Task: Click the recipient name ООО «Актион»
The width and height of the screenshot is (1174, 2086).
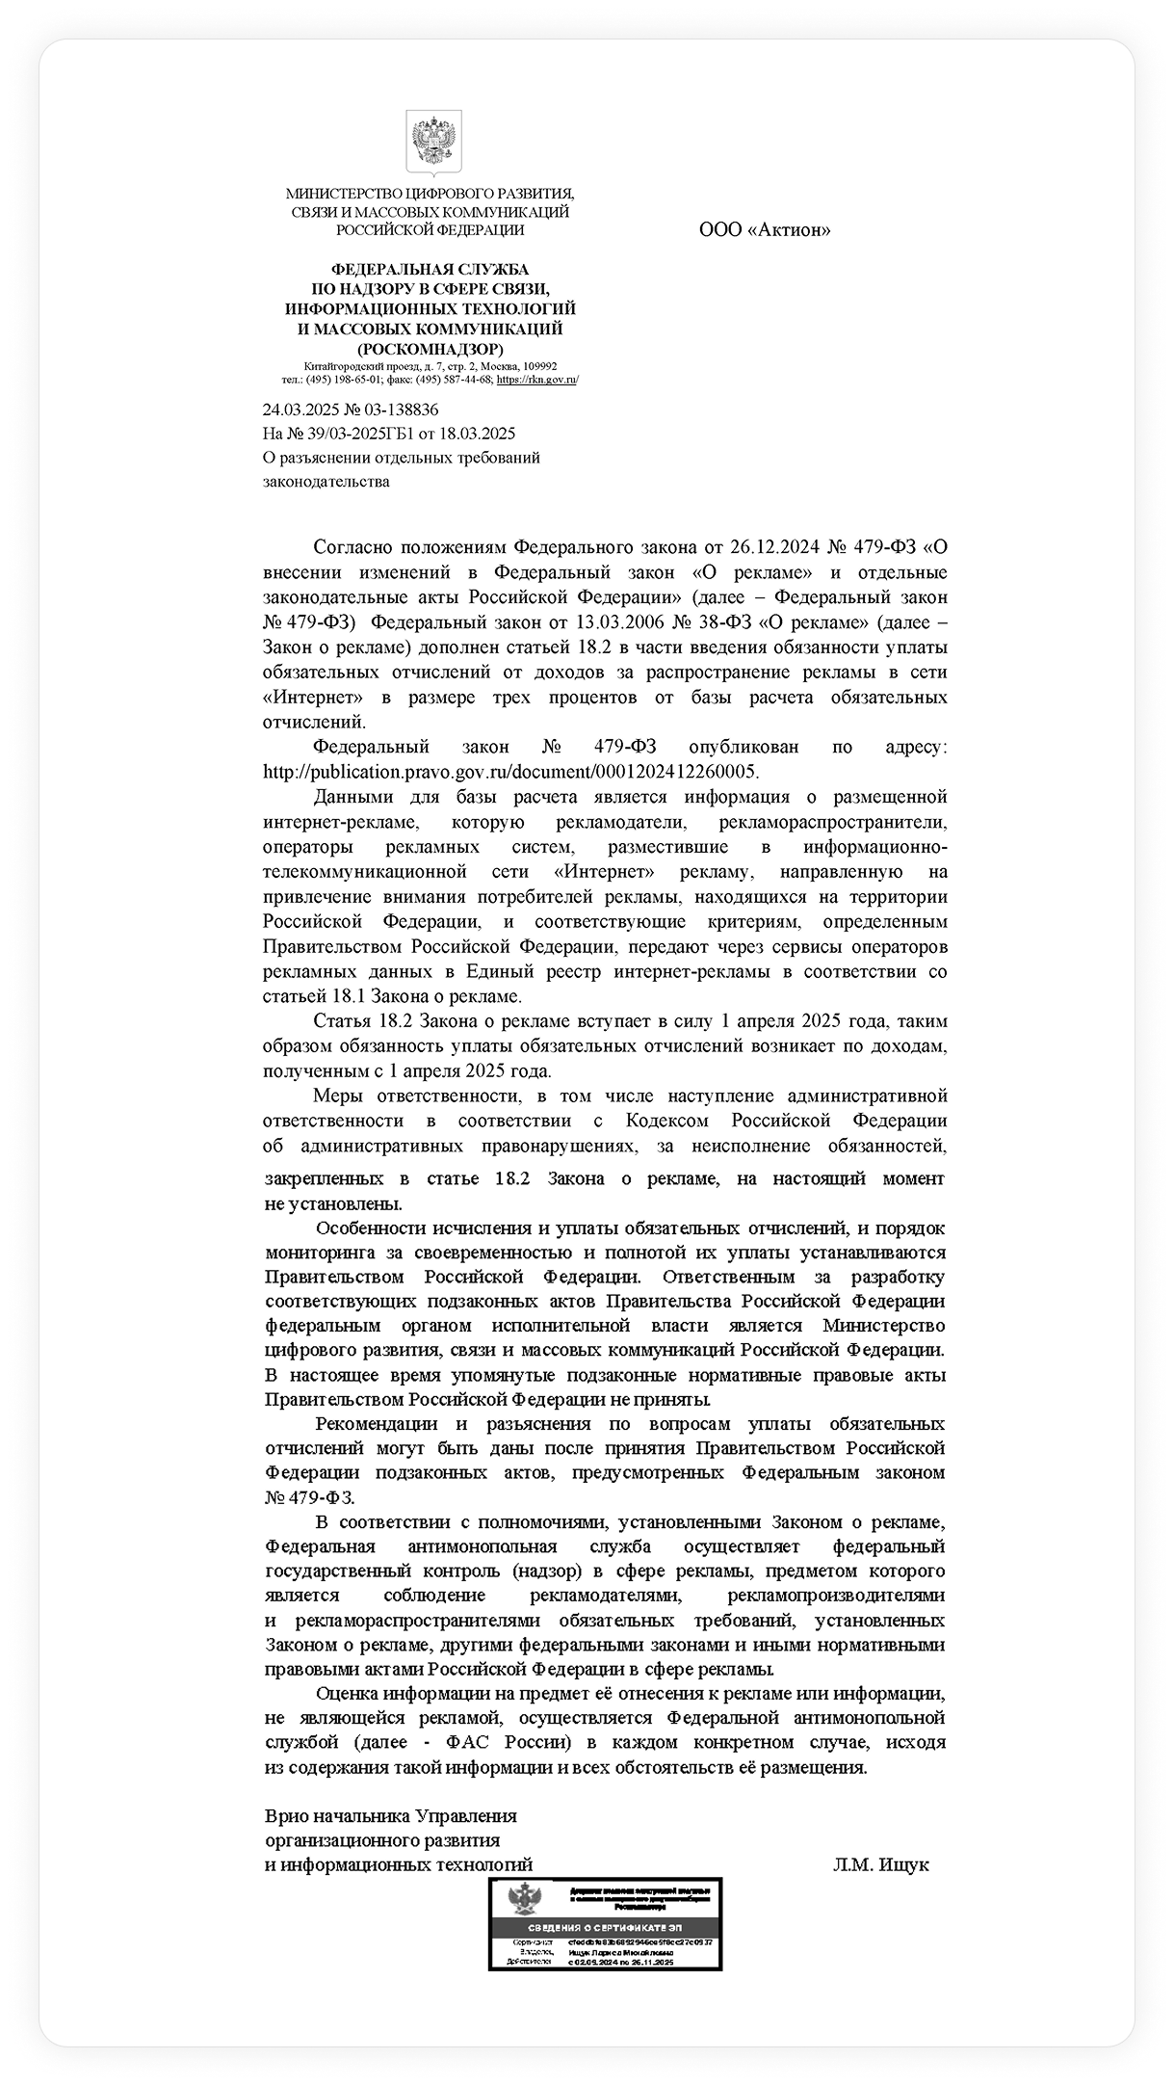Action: (x=764, y=229)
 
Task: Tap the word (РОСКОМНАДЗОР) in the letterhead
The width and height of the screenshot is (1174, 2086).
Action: (x=430, y=349)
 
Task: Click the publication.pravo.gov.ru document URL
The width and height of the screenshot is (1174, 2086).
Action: (x=511, y=772)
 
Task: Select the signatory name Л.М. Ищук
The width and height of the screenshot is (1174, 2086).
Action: (x=880, y=1864)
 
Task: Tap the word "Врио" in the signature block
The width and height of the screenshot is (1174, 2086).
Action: (x=286, y=1816)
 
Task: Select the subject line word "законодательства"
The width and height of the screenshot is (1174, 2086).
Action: (x=326, y=481)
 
